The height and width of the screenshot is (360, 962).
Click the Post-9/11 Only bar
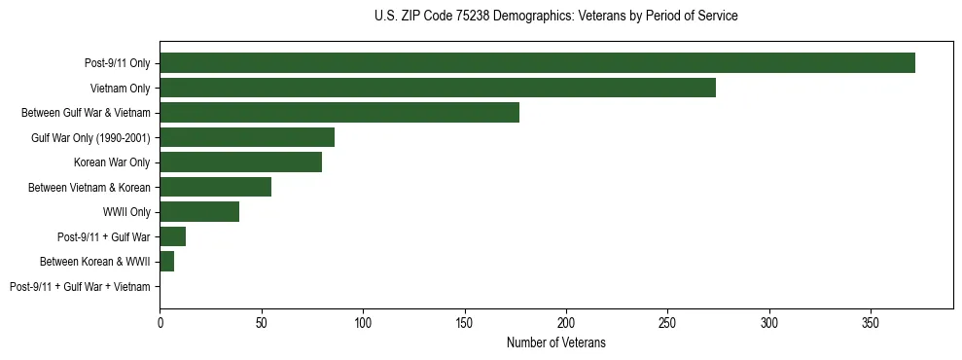pos(537,63)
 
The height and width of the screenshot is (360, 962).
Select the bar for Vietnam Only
pos(438,88)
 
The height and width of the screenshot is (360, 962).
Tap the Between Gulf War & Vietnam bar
pos(339,113)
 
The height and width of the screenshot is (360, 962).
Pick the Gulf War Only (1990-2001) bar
pos(247,137)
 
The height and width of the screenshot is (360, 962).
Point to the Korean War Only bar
pos(240,162)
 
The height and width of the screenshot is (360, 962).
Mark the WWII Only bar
pos(199,212)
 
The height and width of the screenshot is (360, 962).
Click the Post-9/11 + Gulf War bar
pos(172,236)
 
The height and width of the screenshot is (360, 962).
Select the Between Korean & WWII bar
pos(166,262)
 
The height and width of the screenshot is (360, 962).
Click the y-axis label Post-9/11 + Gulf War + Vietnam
pos(80,287)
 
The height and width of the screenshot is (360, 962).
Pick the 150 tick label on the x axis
pos(464,322)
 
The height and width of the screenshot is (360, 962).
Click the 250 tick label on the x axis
pos(667,322)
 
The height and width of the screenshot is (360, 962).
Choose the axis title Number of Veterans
pos(555,342)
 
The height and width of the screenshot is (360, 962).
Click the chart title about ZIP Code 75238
pos(555,17)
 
